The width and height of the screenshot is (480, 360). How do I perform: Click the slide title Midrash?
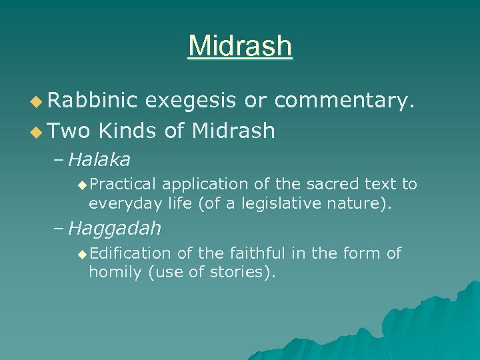tap(240, 46)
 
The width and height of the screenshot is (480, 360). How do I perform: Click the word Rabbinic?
tap(92, 101)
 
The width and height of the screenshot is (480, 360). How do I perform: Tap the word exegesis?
tap(190, 101)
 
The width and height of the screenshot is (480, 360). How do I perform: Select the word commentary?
tap(345, 101)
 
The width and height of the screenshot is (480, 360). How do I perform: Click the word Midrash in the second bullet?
tap(233, 131)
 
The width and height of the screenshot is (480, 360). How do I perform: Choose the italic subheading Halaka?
tap(99, 159)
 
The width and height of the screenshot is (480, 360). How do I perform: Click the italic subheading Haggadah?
tap(114, 229)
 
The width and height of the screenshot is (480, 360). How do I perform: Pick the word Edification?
tap(130, 253)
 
